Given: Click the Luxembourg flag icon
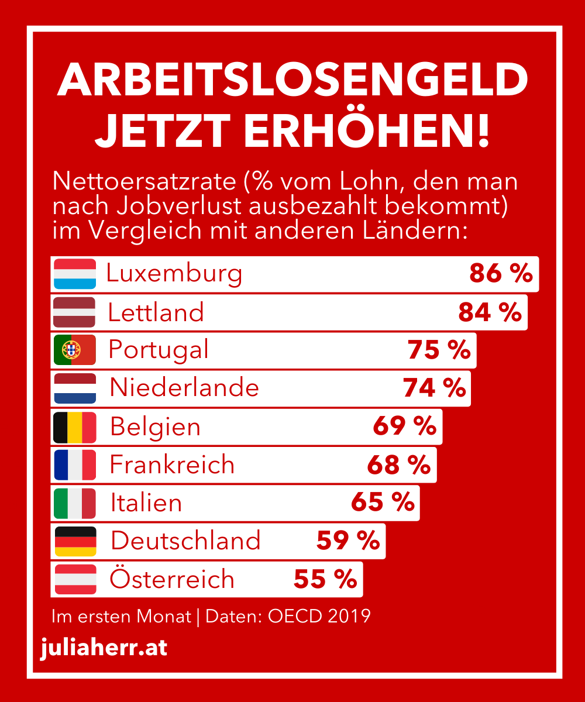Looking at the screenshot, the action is tap(75, 274).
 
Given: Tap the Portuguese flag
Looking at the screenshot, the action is tap(75, 350).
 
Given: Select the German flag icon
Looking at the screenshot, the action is tap(75, 541).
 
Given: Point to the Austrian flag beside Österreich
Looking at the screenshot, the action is tap(75, 580).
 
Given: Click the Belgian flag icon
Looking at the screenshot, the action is tap(75, 428).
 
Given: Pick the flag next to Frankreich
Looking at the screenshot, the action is tap(75, 465).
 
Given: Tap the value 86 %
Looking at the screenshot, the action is tap(501, 273).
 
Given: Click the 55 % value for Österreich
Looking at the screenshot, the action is tap(325, 579).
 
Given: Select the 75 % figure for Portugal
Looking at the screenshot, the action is tap(439, 350).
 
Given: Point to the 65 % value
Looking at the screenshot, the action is tap(383, 502).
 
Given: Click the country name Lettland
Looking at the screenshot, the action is tap(156, 312).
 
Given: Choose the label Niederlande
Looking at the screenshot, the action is tap(184, 387).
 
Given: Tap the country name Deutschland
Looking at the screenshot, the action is tap(185, 541).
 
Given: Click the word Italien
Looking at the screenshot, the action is tap(146, 503).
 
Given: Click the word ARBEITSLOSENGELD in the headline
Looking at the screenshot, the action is tap(292, 80).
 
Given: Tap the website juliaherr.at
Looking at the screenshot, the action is tap(104, 648).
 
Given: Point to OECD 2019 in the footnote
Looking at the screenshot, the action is tap(319, 616).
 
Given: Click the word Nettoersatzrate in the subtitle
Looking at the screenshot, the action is tap(144, 181).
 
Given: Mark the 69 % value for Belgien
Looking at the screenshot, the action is tap(404, 426).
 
